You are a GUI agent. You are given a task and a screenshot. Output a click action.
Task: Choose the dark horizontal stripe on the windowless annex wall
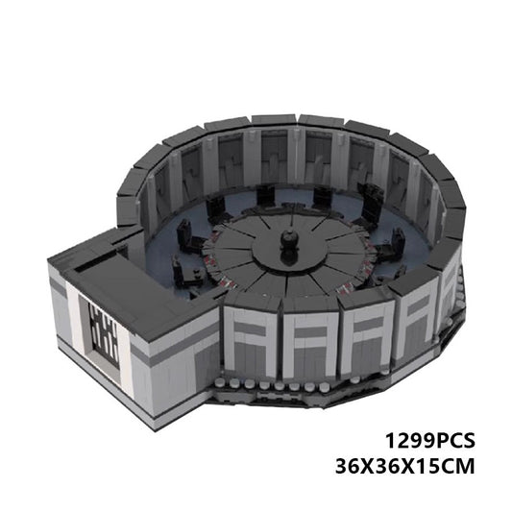coord(178,351)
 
